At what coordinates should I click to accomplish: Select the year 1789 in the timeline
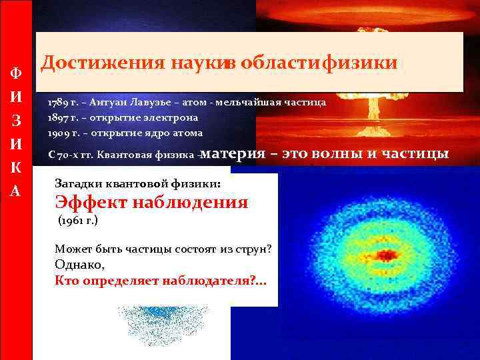57,104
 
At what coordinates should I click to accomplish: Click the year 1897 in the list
57,117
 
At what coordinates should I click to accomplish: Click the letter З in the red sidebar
16,120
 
